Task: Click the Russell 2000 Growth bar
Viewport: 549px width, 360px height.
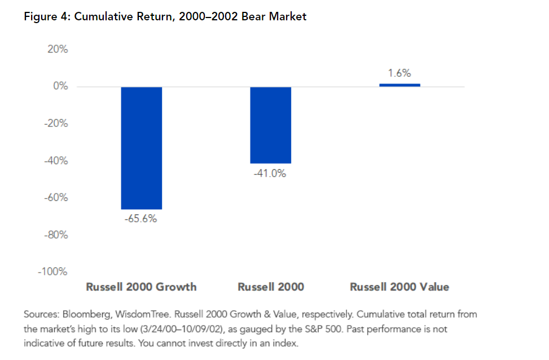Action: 142,148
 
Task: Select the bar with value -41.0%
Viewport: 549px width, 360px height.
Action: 271,125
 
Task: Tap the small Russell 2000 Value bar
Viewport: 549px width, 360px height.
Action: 400,85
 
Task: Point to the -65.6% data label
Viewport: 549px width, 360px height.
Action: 140,219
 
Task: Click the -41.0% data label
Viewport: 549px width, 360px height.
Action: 270,173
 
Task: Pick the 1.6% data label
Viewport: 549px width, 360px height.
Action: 399,73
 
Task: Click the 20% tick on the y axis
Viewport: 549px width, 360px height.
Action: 58,49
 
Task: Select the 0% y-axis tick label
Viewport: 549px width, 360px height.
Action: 60,86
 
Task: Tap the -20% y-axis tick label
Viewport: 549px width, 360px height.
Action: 56,123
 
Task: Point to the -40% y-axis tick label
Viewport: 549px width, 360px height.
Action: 56,161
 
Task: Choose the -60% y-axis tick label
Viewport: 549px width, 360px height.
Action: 56,197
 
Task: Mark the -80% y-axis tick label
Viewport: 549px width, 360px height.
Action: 56,235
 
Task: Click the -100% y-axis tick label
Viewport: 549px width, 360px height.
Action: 53,271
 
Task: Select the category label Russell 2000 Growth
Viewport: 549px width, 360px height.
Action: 142,287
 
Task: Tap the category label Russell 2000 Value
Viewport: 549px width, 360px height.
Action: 399,287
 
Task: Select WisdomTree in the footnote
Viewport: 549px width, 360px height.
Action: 143,314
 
